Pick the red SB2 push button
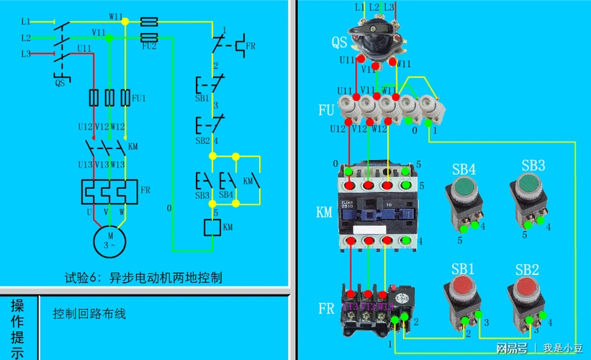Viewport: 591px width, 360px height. pos(525,291)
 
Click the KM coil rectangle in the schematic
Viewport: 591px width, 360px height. pos(212,228)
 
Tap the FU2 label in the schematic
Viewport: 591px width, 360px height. pos(149,46)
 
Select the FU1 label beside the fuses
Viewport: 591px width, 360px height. pos(137,97)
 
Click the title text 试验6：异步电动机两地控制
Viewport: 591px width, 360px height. pos(143,277)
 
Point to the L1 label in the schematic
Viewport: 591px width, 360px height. pos(26,22)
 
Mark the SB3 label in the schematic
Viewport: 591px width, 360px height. pos(202,195)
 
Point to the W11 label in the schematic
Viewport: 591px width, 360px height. pos(115,15)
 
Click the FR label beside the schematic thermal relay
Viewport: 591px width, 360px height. pos(145,189)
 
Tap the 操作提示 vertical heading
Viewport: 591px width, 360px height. pos(17,328)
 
